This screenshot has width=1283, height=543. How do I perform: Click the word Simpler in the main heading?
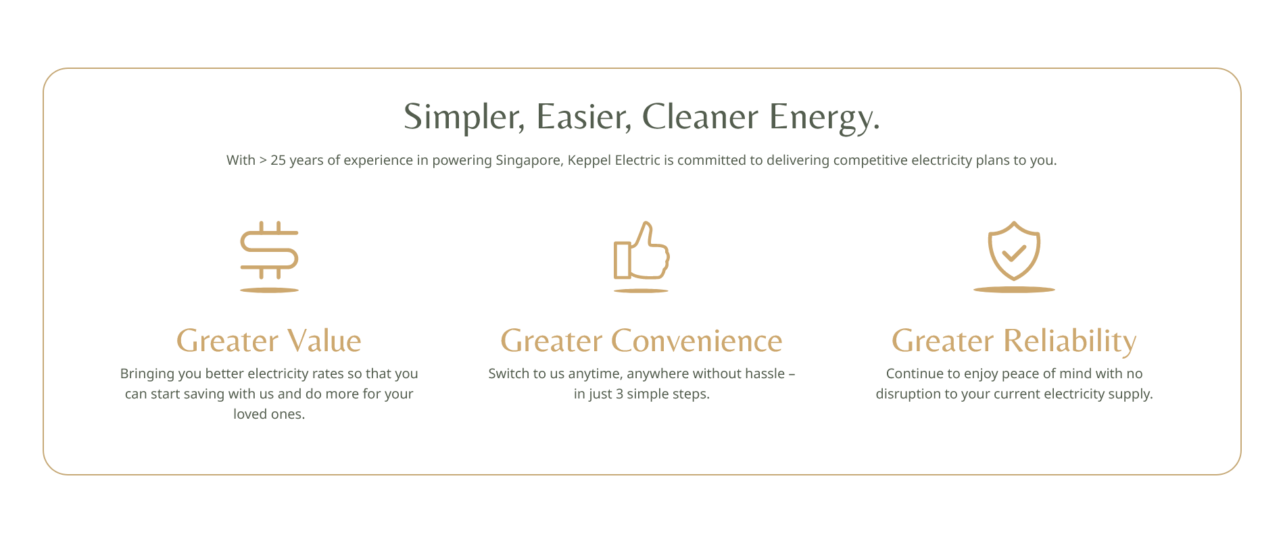pos(464,117)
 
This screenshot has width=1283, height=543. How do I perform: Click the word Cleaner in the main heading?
pos(700,116)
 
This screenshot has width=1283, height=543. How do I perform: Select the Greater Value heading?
pos(269,340)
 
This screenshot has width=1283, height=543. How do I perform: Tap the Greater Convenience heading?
pos(641,340)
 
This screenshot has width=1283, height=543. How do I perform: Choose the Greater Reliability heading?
pos(1014,342)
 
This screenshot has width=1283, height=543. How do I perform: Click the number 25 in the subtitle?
pos(278,161)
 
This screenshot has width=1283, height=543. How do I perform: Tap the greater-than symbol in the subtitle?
pos(263,161)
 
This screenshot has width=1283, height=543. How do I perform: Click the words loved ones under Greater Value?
pos(269,414)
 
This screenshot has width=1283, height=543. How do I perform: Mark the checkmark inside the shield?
pos(1014,253)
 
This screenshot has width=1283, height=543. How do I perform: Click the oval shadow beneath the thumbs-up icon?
pos(641,290)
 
